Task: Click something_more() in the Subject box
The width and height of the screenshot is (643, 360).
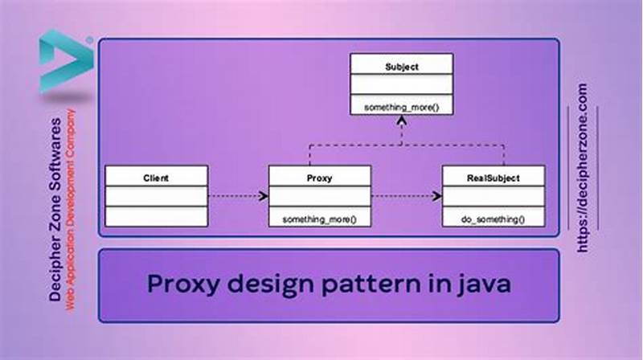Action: coord(401,105)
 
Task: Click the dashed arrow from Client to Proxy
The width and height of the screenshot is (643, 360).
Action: coord(238,195)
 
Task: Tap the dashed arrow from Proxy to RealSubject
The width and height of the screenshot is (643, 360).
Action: coord(407,195)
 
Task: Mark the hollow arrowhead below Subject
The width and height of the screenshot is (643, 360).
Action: coord(401,121)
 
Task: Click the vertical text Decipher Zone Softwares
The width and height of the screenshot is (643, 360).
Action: coord(55,209)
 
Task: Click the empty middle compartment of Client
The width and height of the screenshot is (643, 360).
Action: coord(156,195)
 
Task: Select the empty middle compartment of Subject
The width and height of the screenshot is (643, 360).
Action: coord(401,84)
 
